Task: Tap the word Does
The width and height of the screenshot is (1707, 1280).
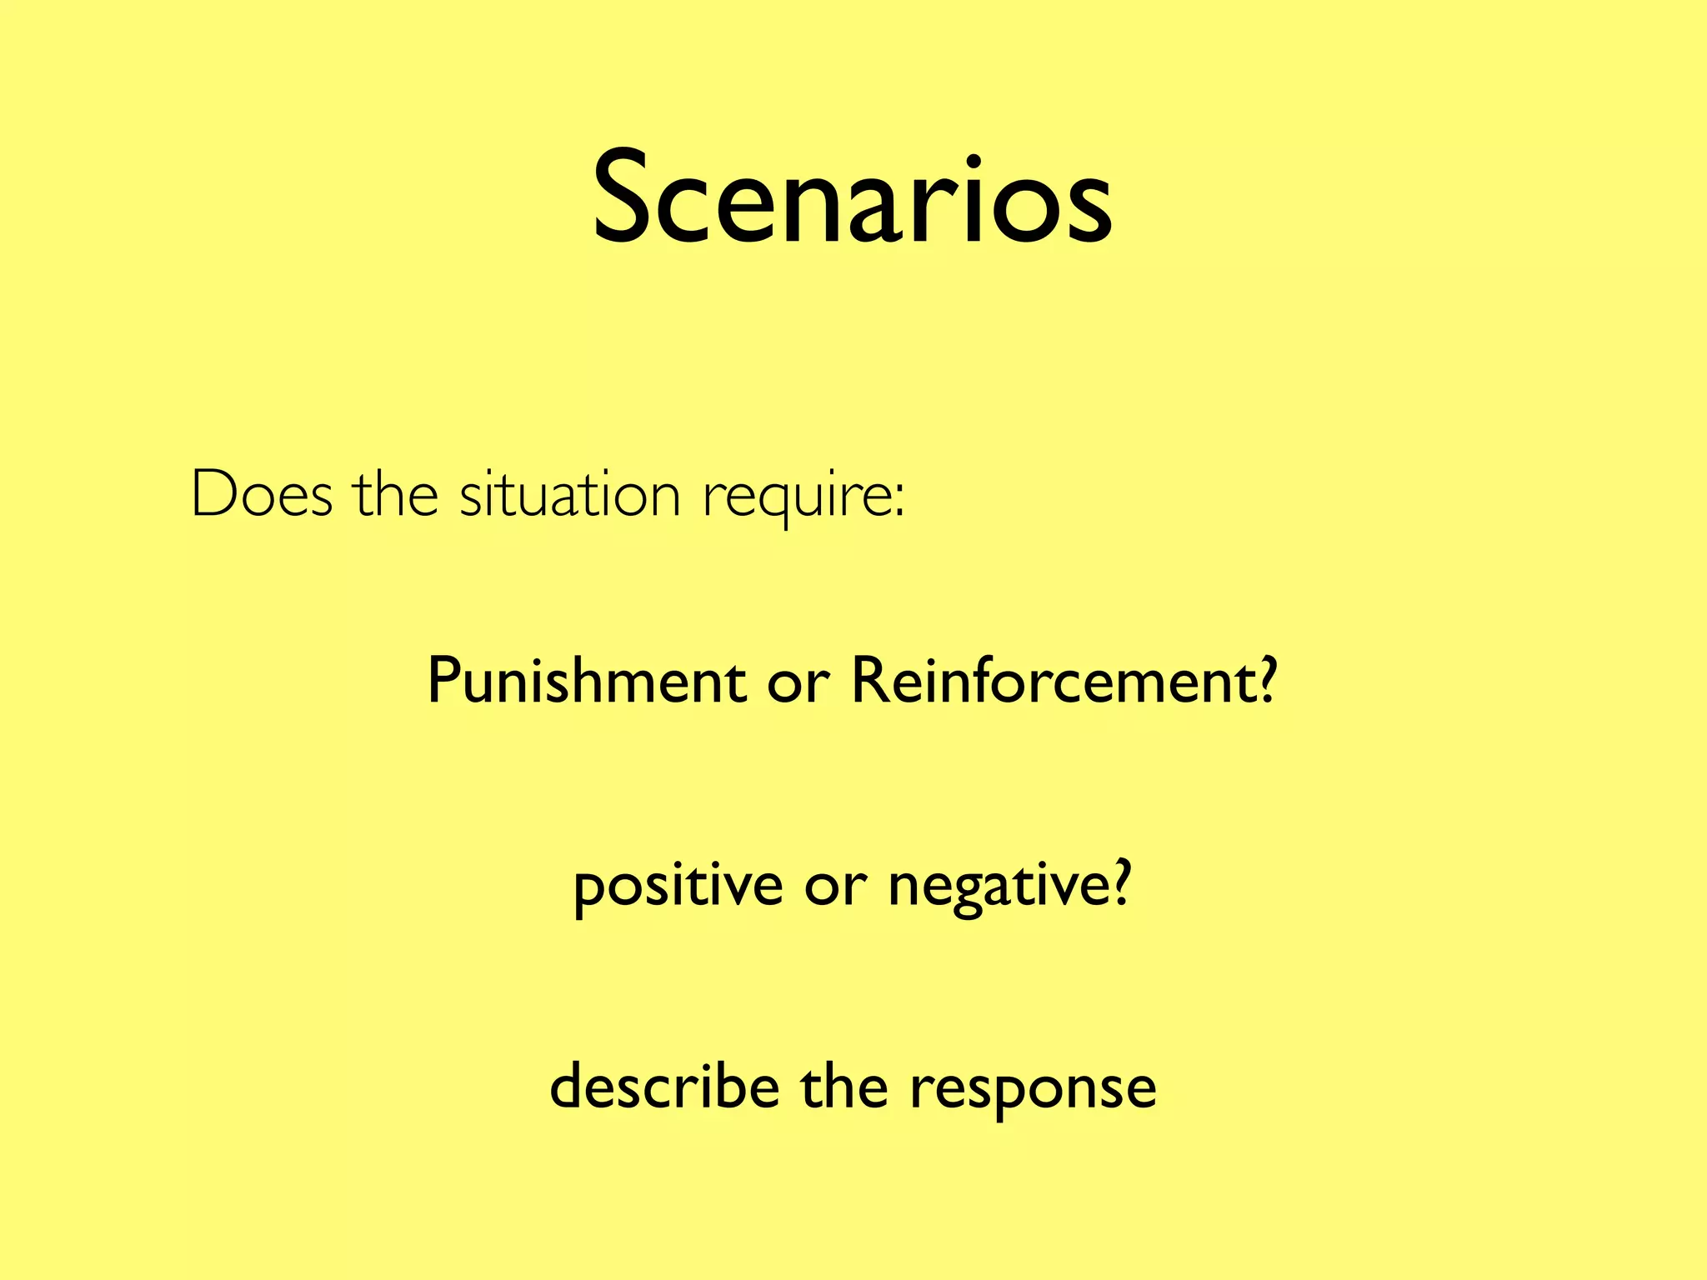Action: tap(262, 494)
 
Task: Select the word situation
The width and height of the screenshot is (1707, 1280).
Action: tap(570, 494)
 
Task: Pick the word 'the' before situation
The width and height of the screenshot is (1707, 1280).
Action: tap(396, 494)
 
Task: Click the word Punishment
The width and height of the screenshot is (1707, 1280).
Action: tap(586, 680)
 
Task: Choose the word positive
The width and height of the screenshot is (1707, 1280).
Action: tap(678, 887)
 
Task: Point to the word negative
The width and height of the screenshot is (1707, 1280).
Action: tap(998, 887)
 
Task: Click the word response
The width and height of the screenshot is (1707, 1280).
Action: tap(1033, 1091)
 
